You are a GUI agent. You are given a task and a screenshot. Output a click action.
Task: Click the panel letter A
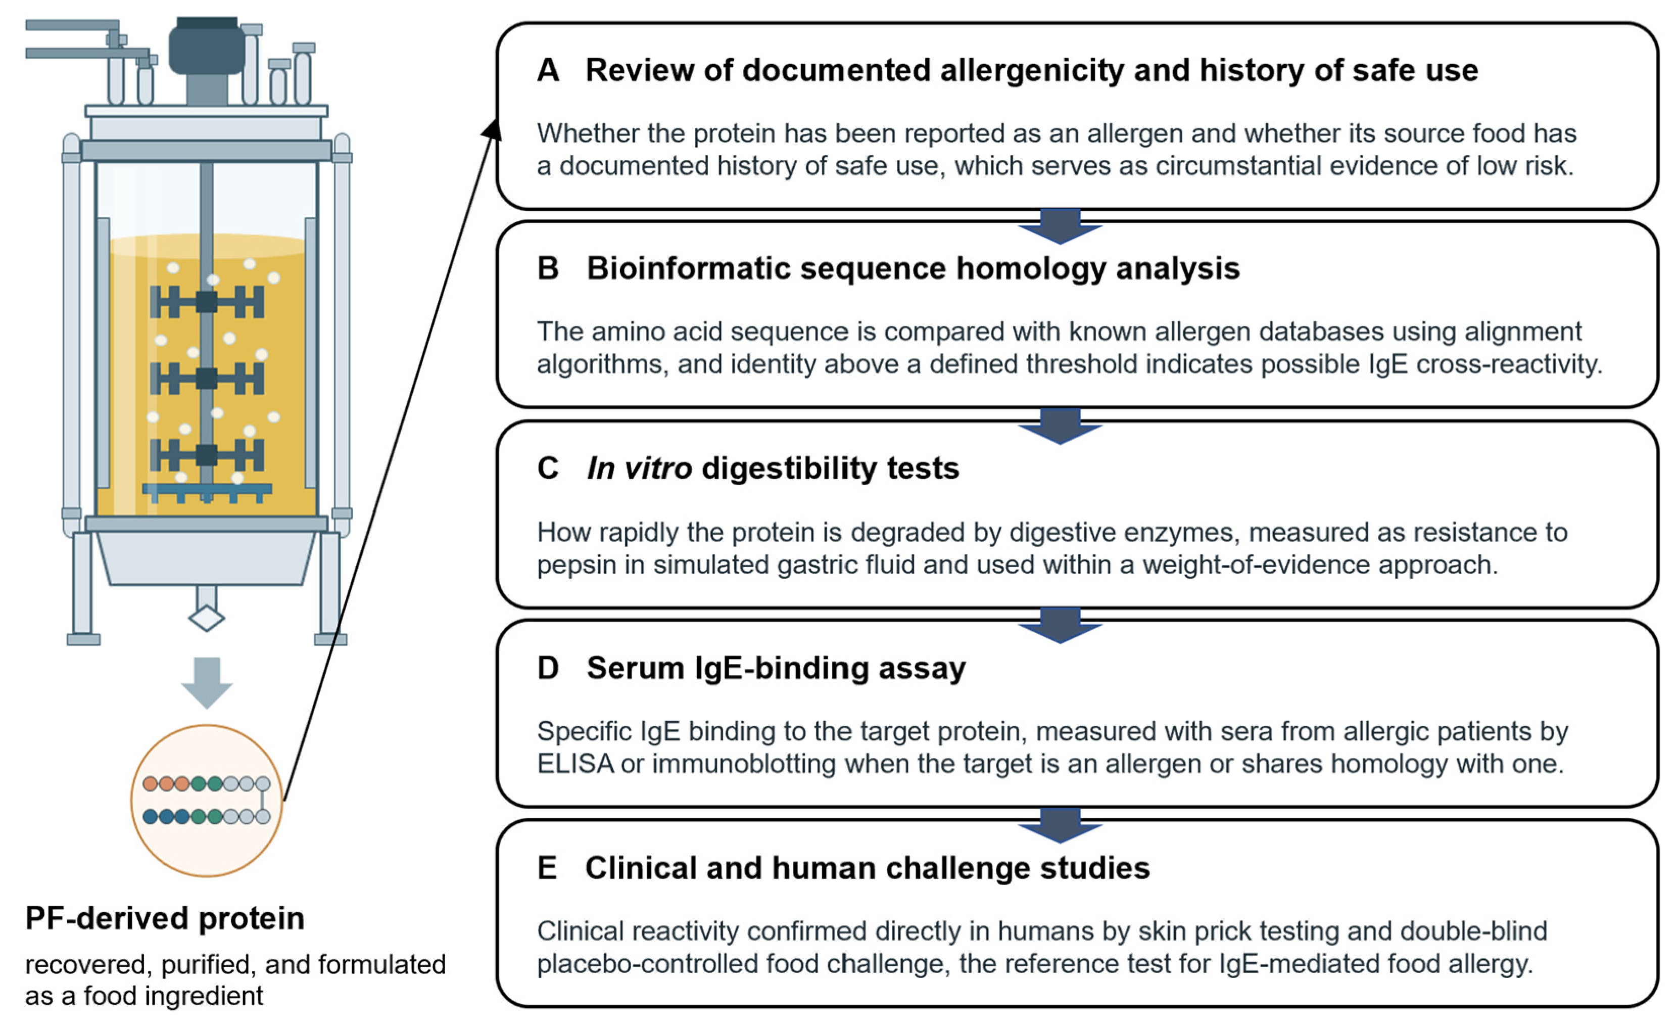(548, 70)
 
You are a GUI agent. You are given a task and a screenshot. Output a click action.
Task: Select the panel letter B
(548, 268)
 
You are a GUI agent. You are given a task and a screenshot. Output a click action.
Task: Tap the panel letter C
(548, 468)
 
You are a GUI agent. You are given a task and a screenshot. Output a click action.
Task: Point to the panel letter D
(548, 668)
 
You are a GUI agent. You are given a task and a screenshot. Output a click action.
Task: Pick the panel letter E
(547, 868)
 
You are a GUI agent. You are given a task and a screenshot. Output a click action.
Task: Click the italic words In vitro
(640, 468)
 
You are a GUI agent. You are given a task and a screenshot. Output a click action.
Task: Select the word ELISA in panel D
(576, 764)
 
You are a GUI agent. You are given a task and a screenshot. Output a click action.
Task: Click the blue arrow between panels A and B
(1060, 225)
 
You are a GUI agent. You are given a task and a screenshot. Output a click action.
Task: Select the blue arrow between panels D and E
(1060, 824)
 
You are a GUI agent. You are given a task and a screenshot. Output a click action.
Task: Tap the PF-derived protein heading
(165, 918)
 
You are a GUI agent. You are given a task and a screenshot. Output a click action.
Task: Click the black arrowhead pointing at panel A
(492, 129)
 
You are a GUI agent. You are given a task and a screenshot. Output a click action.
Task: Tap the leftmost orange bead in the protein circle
(151, 783)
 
